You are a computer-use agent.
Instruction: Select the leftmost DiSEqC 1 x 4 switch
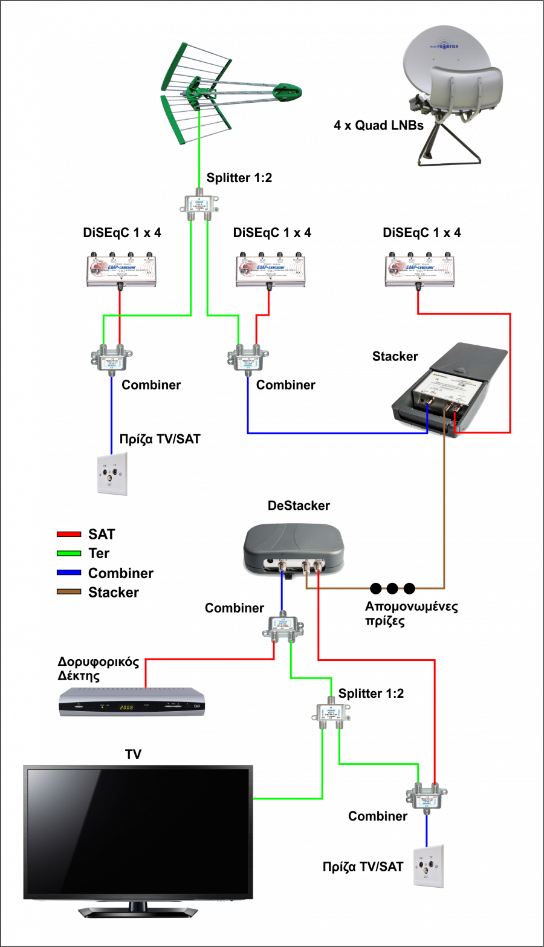pos(121,270)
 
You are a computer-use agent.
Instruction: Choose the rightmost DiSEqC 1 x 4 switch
pos(419,270)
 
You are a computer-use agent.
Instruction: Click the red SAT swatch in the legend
pos(70,535)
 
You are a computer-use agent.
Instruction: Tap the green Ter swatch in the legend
pos(70,553)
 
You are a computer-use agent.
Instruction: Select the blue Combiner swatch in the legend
pos(70,573)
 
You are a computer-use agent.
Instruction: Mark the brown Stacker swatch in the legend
pos(70,592)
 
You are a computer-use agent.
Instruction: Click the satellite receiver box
pos(132,703)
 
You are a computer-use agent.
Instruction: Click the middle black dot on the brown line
pos(392,588)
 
